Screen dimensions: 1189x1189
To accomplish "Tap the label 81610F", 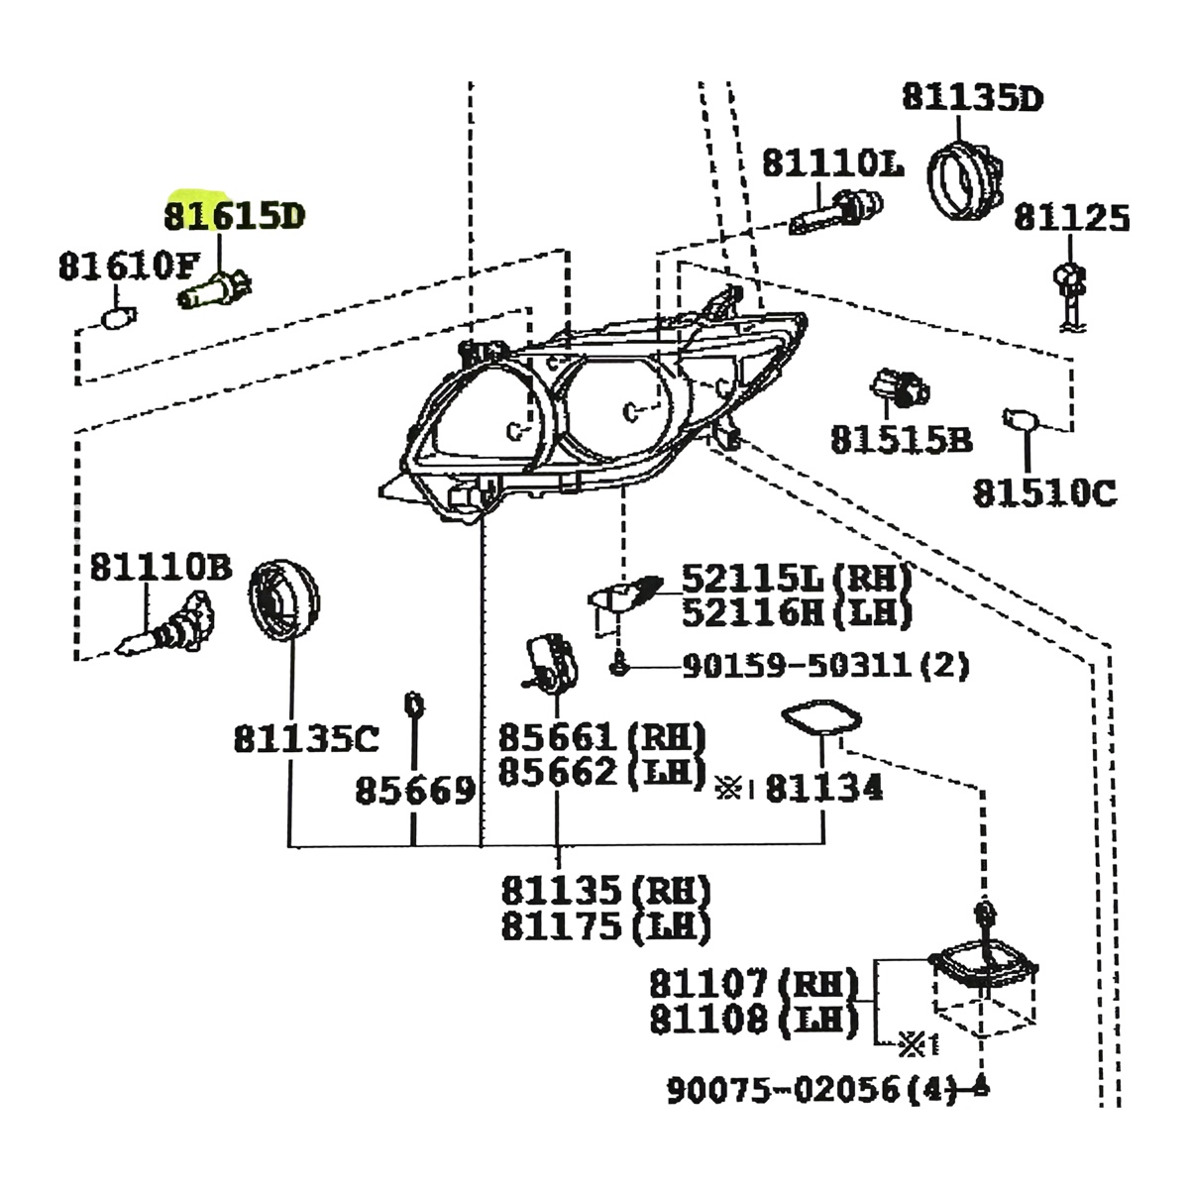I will (128, 266).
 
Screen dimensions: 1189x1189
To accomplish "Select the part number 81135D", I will (972, 98).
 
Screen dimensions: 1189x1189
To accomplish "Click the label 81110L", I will (832, 163).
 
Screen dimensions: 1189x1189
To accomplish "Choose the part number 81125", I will (1071, 218).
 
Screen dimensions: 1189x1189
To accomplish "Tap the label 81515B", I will (901, 439).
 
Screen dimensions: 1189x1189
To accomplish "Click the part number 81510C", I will (1044, 491).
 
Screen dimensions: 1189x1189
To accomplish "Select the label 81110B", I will (161, 567).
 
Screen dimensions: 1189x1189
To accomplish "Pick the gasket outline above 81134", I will (819, 720).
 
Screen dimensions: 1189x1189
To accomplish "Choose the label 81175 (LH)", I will (605, 926).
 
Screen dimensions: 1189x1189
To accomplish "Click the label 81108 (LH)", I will (752, 1020).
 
